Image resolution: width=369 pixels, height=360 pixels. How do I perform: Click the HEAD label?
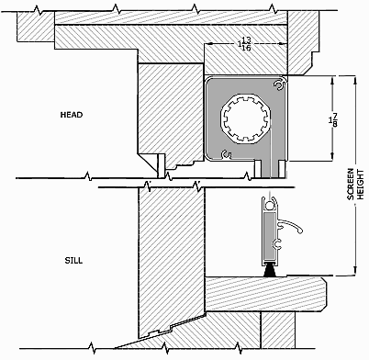tap(72, 115)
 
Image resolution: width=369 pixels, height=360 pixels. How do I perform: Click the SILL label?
tap(73, 261)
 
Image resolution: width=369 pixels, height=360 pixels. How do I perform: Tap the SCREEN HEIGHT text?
tap(355, 185)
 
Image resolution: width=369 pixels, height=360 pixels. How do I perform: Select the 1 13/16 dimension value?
tap(245, 44)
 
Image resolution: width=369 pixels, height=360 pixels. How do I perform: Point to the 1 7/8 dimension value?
tap(333, 120)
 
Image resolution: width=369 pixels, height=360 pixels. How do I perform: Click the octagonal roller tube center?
tap(245, 118)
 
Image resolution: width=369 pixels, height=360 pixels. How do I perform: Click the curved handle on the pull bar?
tap(291, 226)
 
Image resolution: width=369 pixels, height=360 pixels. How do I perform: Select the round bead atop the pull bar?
tap(270, 206)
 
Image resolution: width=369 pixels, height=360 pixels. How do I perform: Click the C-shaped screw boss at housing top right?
tap(278, 85)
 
